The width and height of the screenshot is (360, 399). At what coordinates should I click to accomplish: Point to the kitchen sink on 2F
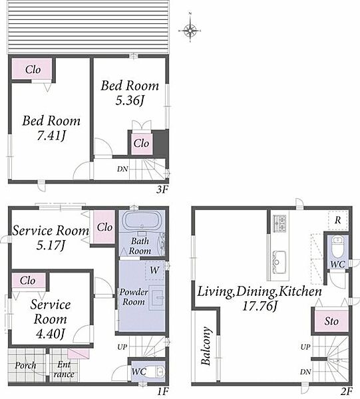(x=279, y=263)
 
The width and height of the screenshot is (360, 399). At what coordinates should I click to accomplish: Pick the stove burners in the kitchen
(x=279, y=223)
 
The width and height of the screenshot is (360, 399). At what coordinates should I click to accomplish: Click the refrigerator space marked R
(x=337, y=220)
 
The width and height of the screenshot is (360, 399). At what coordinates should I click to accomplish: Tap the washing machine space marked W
(x=154, y=270)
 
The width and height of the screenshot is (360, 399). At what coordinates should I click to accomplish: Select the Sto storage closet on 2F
(x=331, y=321)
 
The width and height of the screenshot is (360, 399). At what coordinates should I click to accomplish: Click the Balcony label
(x=206, y=346)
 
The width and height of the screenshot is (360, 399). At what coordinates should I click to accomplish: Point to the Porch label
(x=25, y=366)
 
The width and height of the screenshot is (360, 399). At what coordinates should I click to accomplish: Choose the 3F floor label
(x=162, y=190)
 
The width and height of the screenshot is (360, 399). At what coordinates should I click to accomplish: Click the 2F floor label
(x=347, y=391)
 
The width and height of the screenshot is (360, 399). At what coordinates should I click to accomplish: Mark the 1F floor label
(x=162, y=391)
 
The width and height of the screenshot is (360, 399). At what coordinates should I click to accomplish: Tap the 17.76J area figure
(x=260, y=306)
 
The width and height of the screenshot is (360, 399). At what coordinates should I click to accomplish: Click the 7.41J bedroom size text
(x=51, y=136)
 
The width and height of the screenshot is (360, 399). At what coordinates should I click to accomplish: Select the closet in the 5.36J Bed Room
(x=141, y=143)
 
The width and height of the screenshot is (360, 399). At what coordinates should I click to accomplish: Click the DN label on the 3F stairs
(x=122, y=169)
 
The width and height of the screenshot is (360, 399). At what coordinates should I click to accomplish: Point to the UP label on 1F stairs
(x=122, y=347)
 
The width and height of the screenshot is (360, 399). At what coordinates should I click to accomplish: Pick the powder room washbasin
(x=156, y=297)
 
